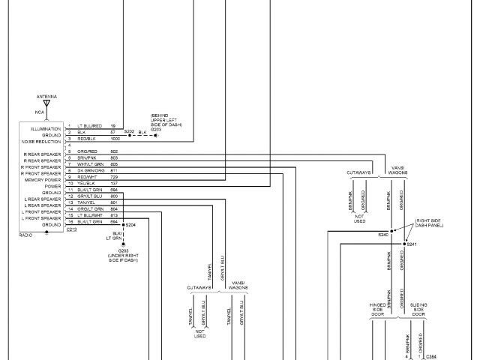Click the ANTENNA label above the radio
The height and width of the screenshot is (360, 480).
(46, 97)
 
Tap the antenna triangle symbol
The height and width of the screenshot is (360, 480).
(46, 104)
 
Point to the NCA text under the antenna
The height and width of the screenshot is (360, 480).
(40, 112)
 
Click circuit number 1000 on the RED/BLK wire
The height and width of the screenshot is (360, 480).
(115, 139)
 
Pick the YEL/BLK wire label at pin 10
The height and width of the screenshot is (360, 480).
(86, 183)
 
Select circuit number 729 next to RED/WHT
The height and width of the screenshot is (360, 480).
(114, 177)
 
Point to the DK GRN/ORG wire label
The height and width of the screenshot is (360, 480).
(90, 170)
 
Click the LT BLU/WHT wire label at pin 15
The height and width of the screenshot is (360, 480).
(89, 215)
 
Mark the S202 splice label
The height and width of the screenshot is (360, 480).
(129, 131)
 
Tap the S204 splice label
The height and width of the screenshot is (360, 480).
(131, 224)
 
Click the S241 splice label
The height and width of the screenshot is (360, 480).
(412, 244)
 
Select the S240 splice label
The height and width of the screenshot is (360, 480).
(382, 235)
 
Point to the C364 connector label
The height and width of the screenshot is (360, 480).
(431, 356)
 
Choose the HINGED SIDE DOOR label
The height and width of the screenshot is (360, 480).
(377, 309)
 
